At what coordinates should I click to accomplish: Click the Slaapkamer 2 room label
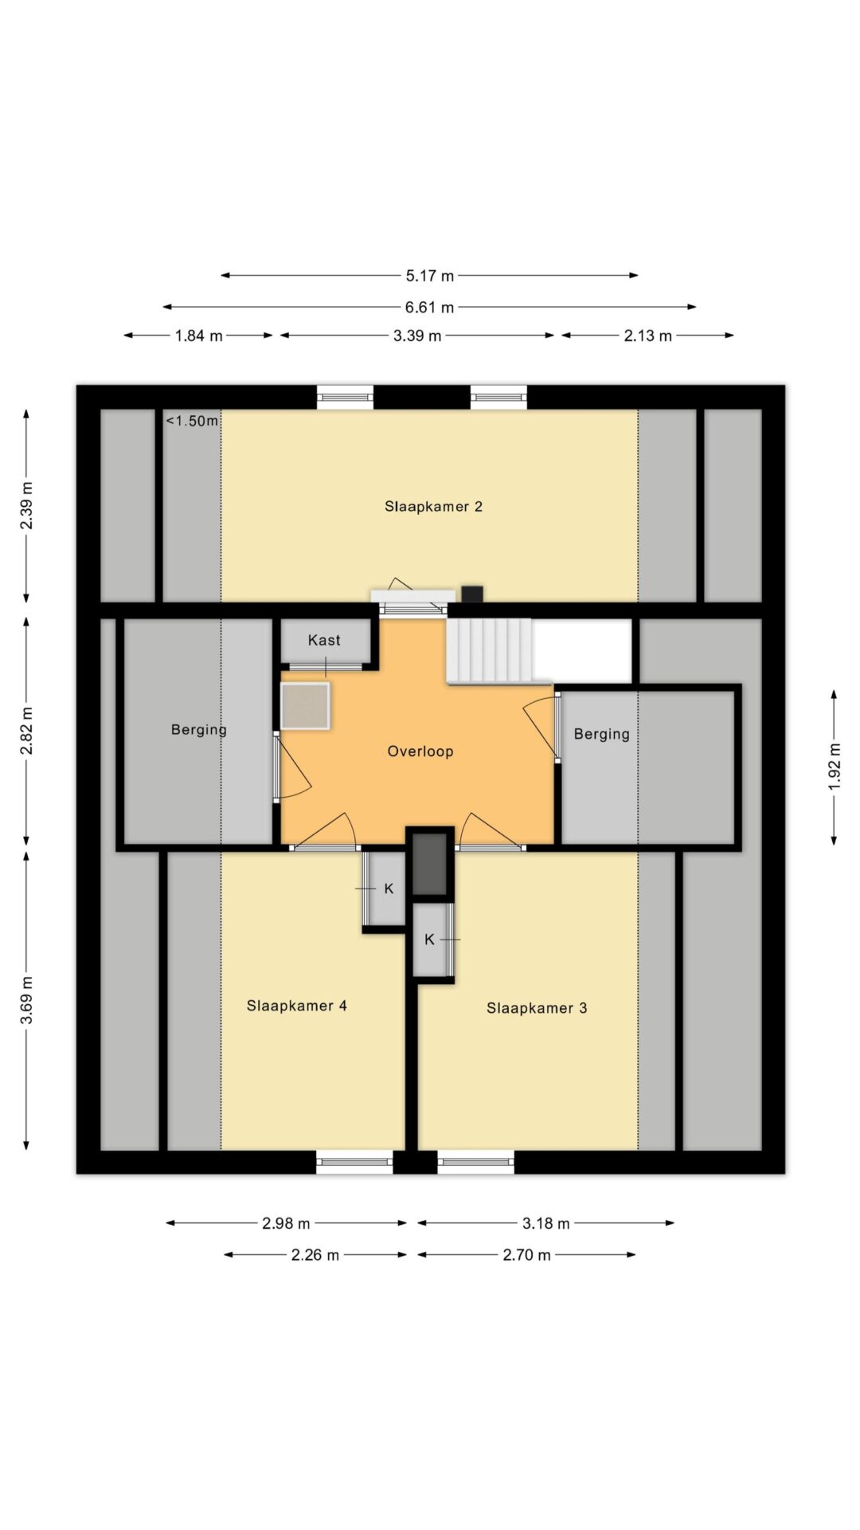click(433, 507)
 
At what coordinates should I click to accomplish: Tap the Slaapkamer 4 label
click(296, 1006)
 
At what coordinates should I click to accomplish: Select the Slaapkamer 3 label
click(537, 1008)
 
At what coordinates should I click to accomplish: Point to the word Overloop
click(420, 751)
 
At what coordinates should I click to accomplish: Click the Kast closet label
click(324, 640)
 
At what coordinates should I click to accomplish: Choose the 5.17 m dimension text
click(430, 276)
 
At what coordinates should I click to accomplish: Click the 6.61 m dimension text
click(430, 307)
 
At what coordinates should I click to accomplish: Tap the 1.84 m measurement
click(199, 335)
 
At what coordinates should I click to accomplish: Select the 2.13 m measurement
click(648, 335)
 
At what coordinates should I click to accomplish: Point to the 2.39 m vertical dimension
click(26, 505)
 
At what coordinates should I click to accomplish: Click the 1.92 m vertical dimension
click(834, 767)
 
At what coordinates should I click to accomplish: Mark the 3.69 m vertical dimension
click(26, 1001)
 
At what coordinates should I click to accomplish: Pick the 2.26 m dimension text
click(315, 1255)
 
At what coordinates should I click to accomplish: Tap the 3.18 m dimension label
click(546, 1223)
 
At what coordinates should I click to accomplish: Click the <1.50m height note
click(192, 421)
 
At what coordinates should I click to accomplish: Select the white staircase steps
click(489, 650)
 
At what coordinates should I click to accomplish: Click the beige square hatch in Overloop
click(305, 705)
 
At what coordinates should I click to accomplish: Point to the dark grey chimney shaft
click(430, 863)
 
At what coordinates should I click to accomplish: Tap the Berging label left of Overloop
click(199, 730)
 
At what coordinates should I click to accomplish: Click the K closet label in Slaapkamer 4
click(389, 889)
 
